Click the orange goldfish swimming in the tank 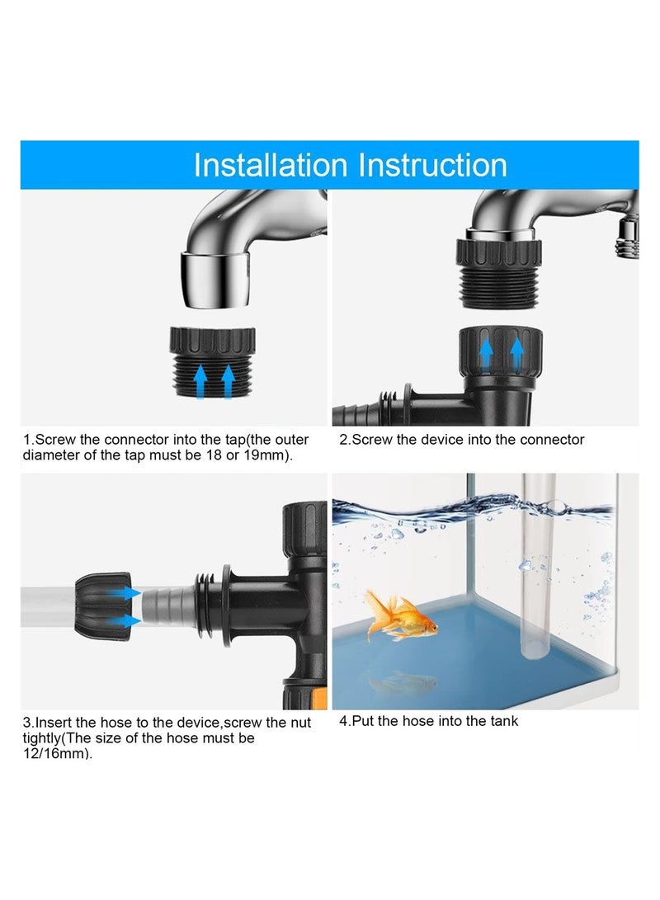(398, 616)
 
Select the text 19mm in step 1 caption (254, 455)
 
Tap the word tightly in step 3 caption (45, 738)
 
